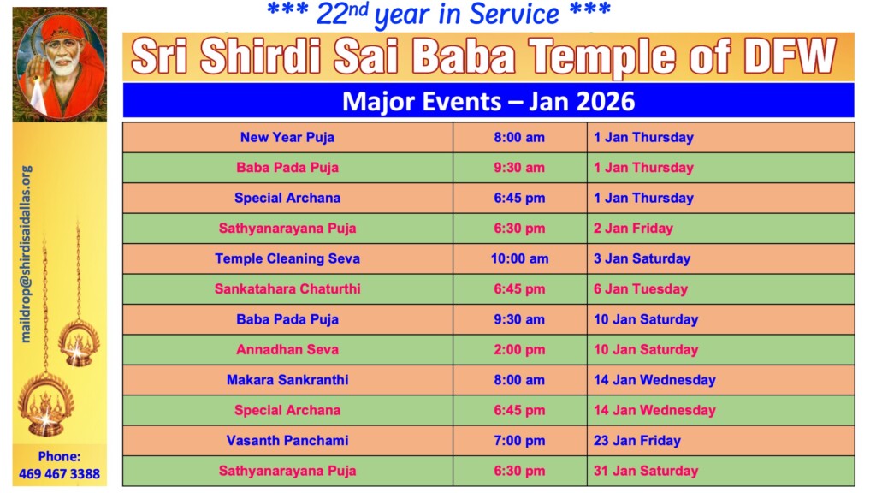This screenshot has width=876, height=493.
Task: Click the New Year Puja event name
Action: click(287, 138)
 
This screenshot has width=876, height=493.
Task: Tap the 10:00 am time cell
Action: click(519, 258)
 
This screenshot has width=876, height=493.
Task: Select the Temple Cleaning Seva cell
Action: click(287, 258)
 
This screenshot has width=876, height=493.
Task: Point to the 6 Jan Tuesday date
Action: click(640, 289)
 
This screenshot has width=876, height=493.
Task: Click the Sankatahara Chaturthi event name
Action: click(287, 289)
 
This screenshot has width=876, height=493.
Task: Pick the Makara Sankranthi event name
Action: click(287, 380)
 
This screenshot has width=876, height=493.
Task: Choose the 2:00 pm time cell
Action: click(519, 350)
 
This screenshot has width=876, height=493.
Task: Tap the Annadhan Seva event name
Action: click(287, 350)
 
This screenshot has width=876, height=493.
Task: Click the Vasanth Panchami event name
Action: click(287, 441)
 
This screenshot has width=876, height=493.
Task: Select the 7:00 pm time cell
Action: click(519, 441)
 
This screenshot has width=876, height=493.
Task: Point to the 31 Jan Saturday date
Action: click(646, 472)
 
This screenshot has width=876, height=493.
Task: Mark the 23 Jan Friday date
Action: click(636, 441)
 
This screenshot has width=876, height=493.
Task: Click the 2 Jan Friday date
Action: click(633, 229)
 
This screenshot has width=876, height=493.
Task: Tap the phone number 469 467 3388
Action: click(59, 474)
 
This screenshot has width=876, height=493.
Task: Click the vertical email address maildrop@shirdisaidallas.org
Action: click(26, 253)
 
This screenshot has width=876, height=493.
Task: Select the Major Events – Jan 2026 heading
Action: click(488, 102)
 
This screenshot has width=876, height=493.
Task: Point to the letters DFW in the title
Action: click(790, 56)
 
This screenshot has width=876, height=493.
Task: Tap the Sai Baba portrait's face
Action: click(62, 55)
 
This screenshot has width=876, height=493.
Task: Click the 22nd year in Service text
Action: click(439, 15)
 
